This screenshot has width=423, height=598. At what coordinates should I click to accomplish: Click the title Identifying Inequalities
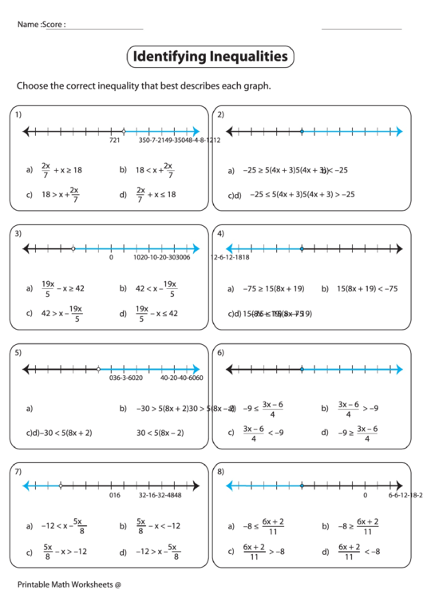210,57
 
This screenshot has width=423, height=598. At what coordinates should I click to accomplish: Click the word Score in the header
54,25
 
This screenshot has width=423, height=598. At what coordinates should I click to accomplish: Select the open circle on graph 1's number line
123,131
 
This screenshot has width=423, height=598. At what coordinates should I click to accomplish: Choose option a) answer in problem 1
59,169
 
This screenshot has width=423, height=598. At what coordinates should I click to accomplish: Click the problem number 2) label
220,114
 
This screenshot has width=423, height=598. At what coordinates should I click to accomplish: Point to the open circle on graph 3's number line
73,249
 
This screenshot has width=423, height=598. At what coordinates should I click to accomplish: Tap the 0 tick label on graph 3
111,258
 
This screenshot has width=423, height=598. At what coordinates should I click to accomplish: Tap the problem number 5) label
18,352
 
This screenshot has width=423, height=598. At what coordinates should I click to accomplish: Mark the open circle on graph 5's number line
98,369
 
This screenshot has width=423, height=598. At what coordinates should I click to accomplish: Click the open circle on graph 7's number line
61,485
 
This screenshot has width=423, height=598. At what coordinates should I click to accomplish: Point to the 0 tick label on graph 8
365,495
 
